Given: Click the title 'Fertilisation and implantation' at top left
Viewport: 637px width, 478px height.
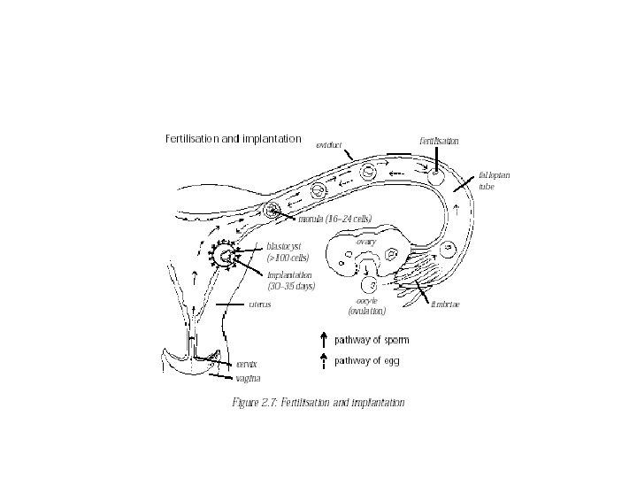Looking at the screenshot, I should coord(234,138).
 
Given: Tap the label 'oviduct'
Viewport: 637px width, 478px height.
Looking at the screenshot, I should coord(329,145).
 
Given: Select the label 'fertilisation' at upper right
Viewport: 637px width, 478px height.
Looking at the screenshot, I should coord(439,141).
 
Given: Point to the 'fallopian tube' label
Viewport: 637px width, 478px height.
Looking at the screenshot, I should coord(493,181).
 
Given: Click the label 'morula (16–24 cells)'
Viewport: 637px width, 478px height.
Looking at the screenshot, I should coord(334,219).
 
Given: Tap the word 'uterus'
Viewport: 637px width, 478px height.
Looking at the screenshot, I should coord(260,305).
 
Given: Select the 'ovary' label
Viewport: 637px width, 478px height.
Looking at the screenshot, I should coord(365,242).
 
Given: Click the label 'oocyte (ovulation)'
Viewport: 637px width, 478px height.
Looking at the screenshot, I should coord(366,306).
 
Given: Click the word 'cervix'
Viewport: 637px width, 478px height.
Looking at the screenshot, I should coord(246,364).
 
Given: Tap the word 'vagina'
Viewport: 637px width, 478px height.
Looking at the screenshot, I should coord(249,379).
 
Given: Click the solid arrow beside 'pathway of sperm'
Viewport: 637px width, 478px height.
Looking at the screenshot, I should coord(324,338).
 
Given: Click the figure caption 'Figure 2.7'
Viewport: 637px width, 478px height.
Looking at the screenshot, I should coord(317,402).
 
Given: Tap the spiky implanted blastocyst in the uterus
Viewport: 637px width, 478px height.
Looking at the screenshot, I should coord(225,257).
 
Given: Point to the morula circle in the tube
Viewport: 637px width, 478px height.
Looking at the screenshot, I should coord(272,211).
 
